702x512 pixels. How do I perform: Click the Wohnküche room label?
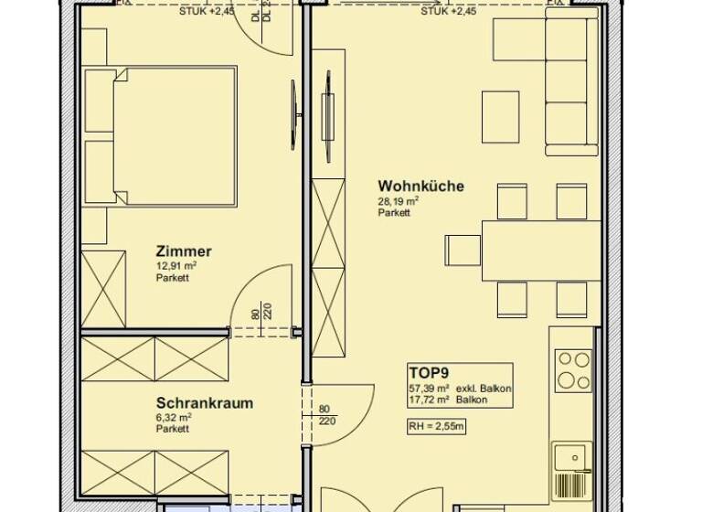pyautogui.click(x=420, y=187)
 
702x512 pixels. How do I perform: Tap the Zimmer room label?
pyautogui.click(x=184, y=251)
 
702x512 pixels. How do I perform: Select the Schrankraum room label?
pyautogui.click(x=204, y=402)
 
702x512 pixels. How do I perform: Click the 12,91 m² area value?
pyautogui.click(x=176, y=266)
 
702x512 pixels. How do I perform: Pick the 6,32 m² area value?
pyautogui.click(x=175, y=417)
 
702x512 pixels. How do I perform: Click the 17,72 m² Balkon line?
pyautogui.click(x=459, y=400)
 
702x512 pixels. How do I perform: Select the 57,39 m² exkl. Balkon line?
pyautogui.click(x=459, y=389)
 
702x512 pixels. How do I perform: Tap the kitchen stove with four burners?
pyautogui.click(x=574, y=370)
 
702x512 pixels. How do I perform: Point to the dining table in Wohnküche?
pyautogui.click(x=540, y=250)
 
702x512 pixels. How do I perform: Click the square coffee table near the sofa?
pyautogui.click(x=500, y=117)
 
